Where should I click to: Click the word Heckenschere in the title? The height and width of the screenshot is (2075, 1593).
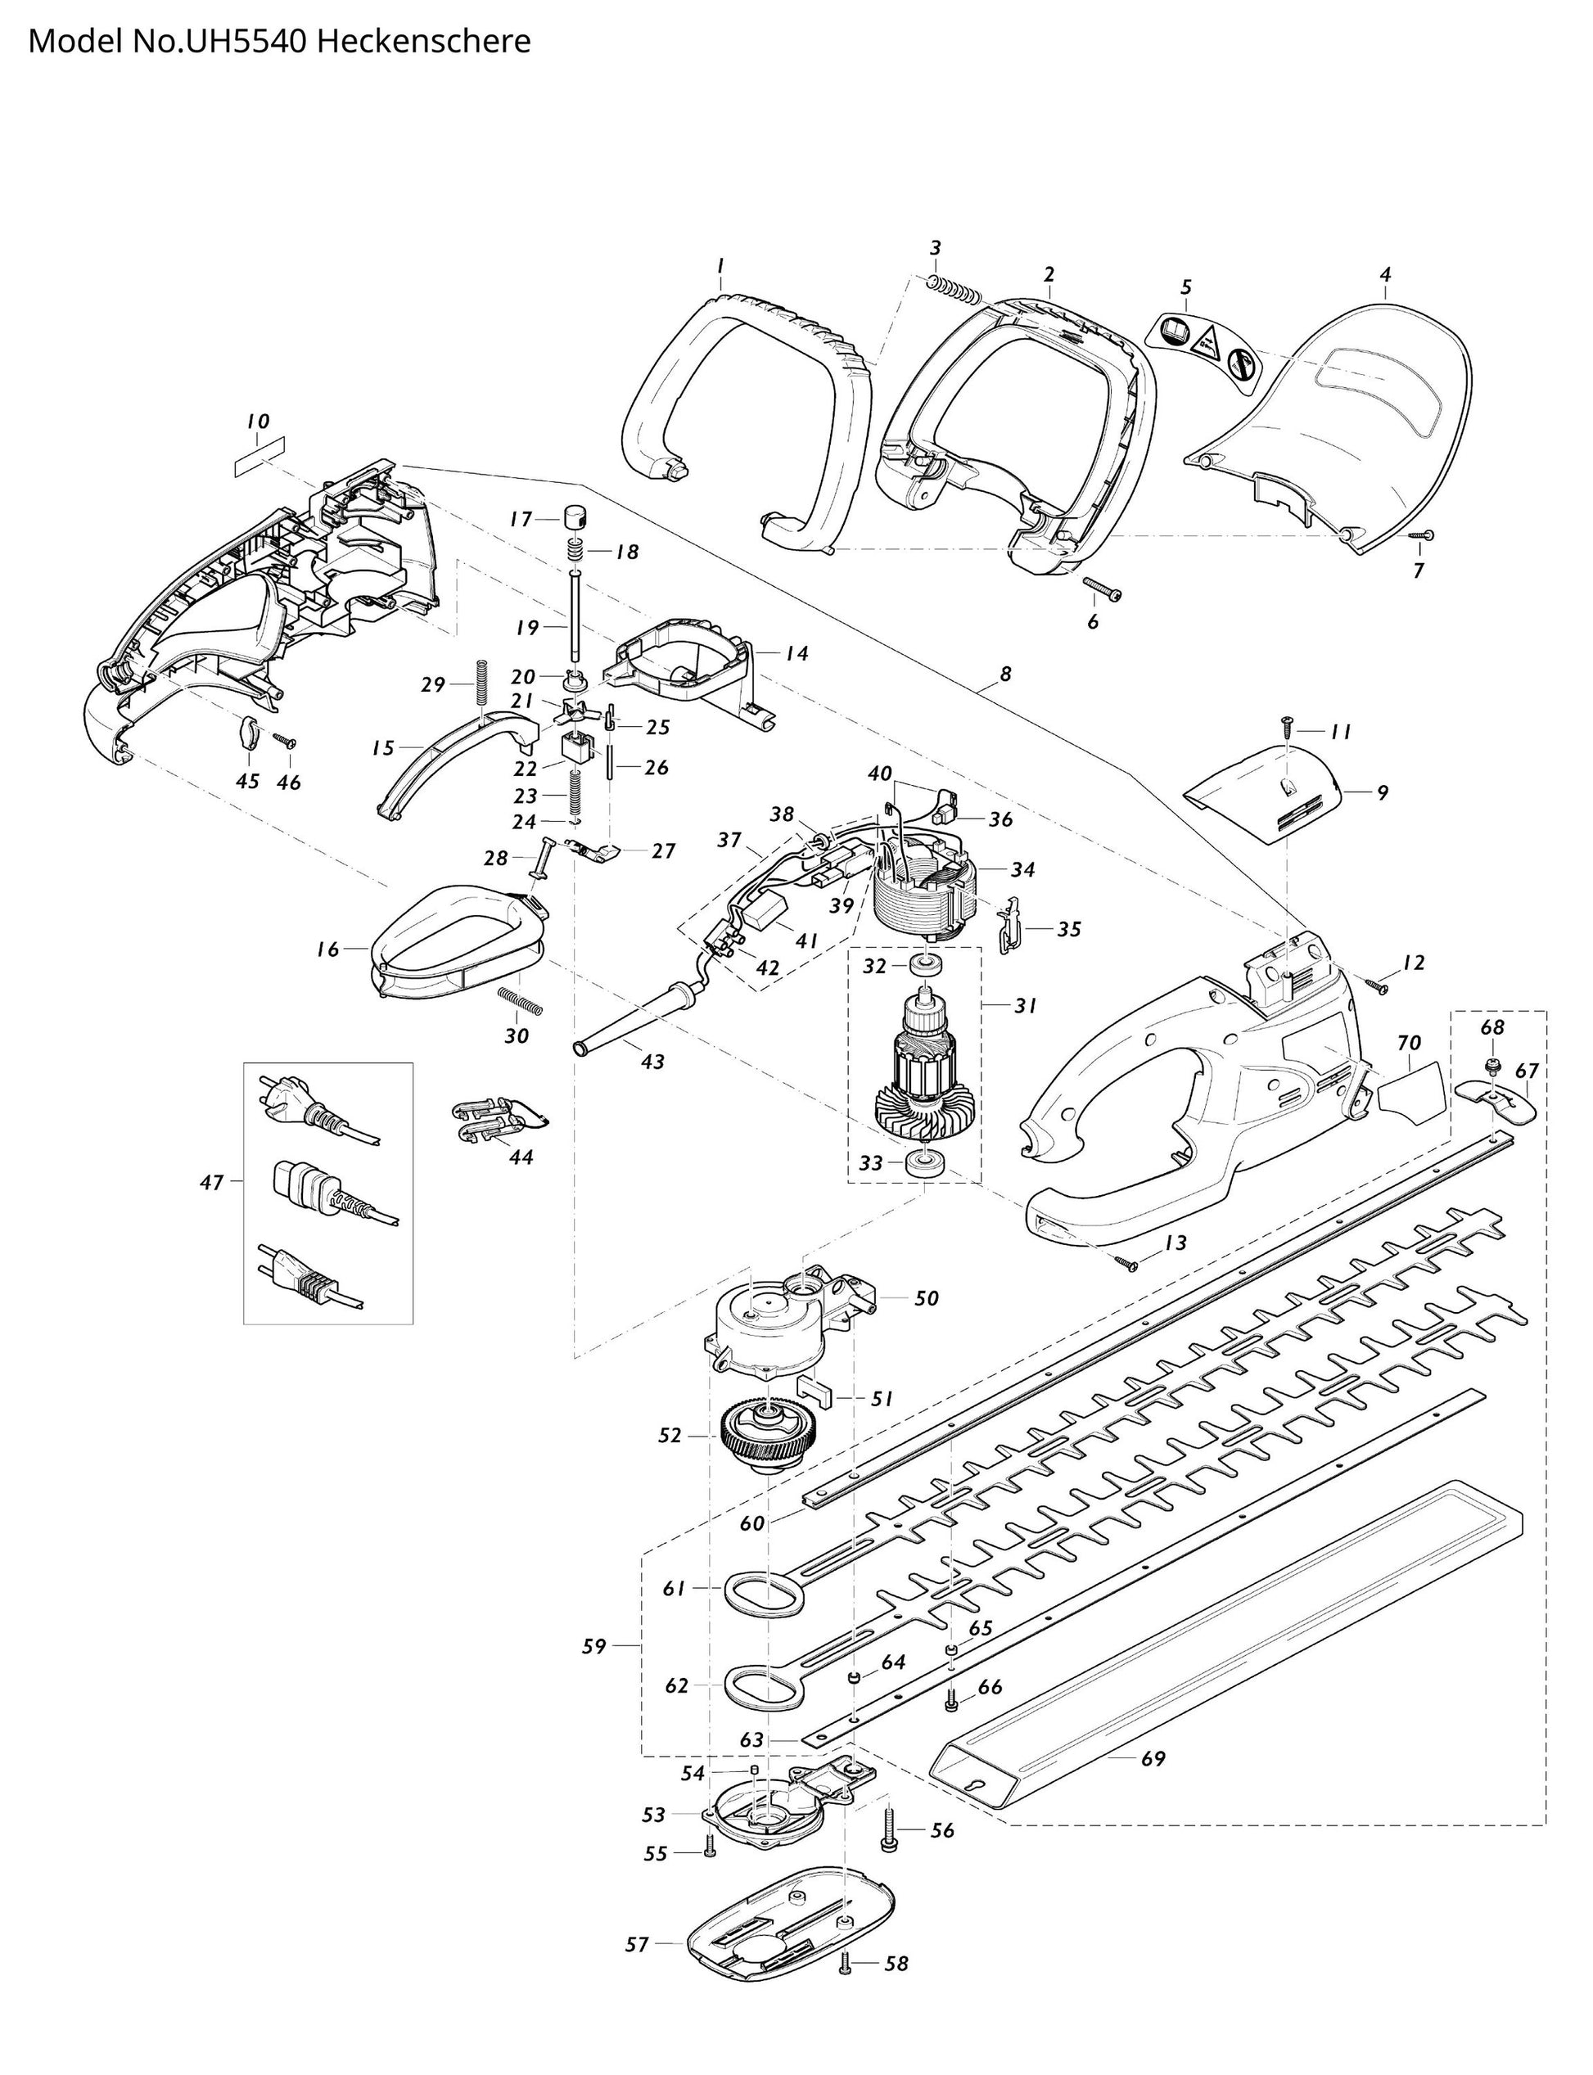coord(423,42)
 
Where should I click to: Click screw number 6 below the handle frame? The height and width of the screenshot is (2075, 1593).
coord(1102,589)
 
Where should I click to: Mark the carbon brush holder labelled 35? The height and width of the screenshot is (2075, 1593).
coord(1012,925)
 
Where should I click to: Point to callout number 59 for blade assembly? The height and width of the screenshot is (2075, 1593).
coord(593,1647)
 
